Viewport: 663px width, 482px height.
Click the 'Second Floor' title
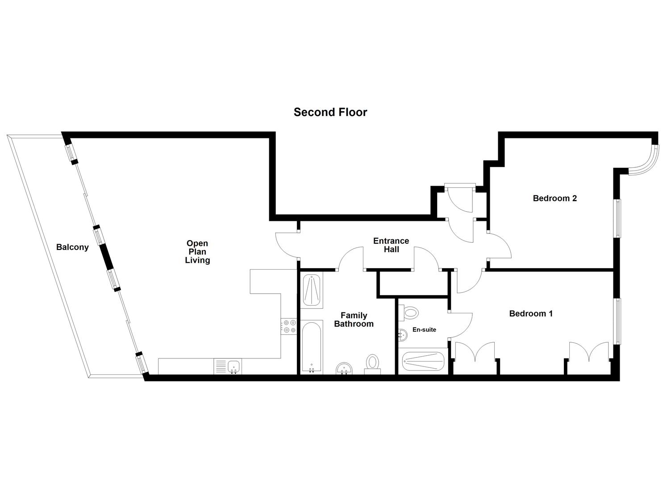click(x=330, y=112)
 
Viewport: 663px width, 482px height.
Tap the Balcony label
click(x=72, y=247)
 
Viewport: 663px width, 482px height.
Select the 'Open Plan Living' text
click(x=197, y=252)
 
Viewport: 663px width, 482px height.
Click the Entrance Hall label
click(x=391, y=245)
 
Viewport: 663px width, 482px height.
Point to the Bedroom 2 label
click(x=555, y=198)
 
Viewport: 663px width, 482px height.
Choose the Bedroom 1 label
click(x=531, y=314)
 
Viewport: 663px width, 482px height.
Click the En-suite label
click(x=424, y=330)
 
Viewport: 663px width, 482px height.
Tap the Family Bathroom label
click(x=354, y=320)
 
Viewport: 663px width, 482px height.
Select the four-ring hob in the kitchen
click(x=288, y=326)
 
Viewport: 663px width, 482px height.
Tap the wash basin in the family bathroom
click(x=344, y=368)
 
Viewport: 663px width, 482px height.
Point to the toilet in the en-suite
click(x=409, y=312)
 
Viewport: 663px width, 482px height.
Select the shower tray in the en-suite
click(x=423, y=361)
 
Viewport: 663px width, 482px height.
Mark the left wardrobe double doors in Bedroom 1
click(x=475, y=353)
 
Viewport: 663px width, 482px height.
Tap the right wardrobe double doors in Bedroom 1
click(x=588, y=353)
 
